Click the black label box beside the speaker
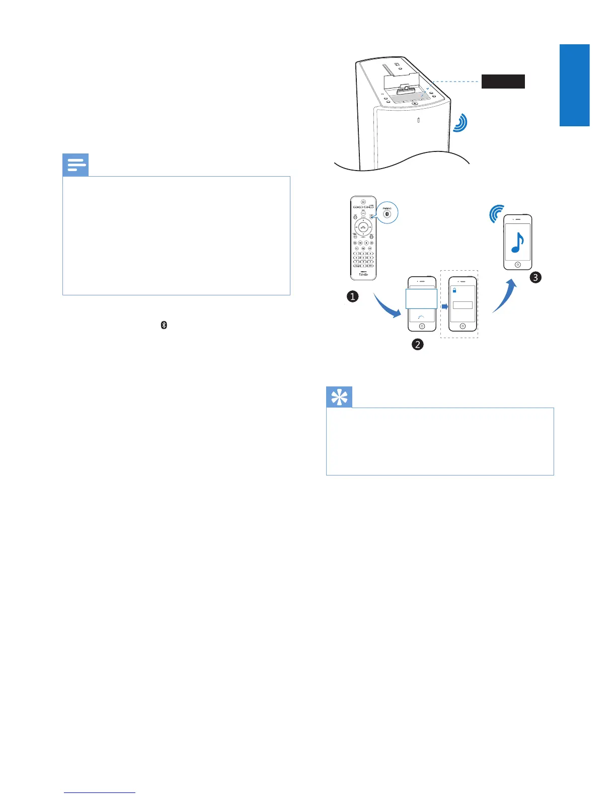point(503,81)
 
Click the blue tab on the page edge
point(574,85)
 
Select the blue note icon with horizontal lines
point(75,165)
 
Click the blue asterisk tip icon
point(339,397)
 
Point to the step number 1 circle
point(353,296)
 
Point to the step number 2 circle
point(417,344)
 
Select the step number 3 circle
point(535,277)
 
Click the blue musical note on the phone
point(517,243)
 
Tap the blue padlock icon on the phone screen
point(454,290)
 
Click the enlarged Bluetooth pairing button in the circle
point(387,214)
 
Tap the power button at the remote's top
point(363,202)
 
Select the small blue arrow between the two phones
point(444,306)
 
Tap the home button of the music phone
point(518,265)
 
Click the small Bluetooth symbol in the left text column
point(164,325)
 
